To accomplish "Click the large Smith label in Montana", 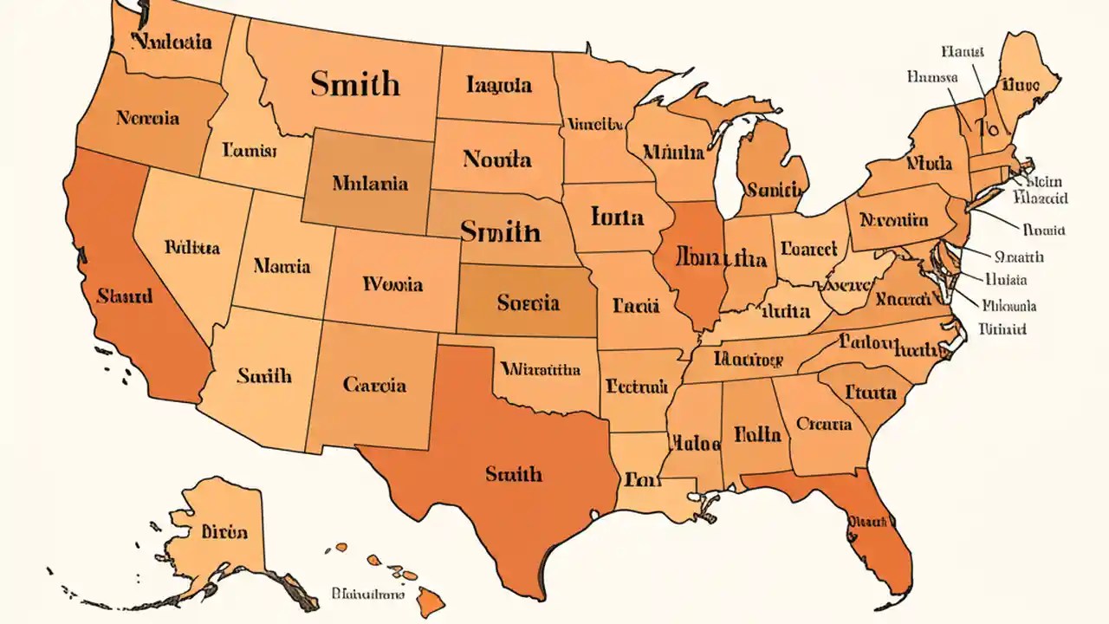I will (x=355, y=84).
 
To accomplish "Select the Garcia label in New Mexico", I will (x=374, y=384).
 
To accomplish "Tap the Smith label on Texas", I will (x=514, y=474).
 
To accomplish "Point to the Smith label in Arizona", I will (x=264, y=376).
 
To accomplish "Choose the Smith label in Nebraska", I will (x=500, y=231).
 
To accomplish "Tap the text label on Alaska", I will (x=224, y=531).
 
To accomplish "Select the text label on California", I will (x=125, y=296).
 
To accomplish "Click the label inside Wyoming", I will (x=370, y=184).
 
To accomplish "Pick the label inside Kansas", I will (x=529, y=303).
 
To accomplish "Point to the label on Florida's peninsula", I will (x=868, y=522).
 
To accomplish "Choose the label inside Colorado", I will (x=392, y=283).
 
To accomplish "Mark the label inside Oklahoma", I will (x=540, y=370).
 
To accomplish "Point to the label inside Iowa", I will (x=617, y=216).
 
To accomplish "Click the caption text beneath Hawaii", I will (x=368, y=595).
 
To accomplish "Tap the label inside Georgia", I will (x=825, y=425).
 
